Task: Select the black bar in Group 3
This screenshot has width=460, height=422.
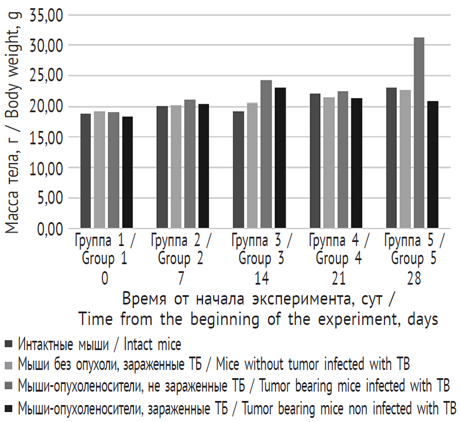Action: click(x=280, y=158)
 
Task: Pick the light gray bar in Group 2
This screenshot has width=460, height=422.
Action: click(x=176, y=167)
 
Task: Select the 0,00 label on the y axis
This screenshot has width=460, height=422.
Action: click(x=49, y=229)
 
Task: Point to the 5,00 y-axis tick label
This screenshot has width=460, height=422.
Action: click(x=49, y=198)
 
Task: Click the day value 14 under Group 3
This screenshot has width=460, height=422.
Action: click(x=262, y=278)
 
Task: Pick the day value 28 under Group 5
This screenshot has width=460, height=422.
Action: click(x=414, y=278)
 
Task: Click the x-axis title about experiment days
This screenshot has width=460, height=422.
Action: click(x=258, y=309)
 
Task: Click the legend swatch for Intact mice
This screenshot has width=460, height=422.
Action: click(x=8, y=344)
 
